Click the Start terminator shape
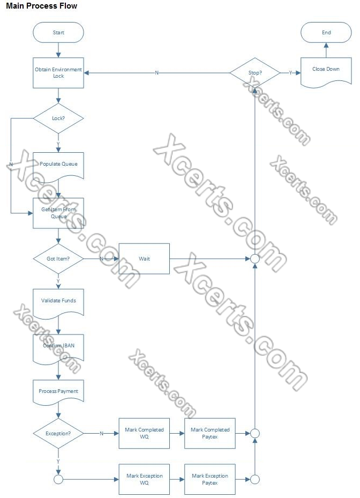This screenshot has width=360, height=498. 58,33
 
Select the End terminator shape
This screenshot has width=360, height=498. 326,33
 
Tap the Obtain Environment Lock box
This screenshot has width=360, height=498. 58,73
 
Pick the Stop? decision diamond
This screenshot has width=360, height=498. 255,72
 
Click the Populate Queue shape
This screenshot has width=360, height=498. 58,165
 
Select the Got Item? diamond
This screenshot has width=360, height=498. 58,258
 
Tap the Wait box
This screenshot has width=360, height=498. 144,258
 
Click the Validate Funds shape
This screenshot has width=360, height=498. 58,301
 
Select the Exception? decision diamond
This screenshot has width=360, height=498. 58,433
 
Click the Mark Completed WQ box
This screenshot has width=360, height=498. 144,433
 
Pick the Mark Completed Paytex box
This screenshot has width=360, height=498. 210,433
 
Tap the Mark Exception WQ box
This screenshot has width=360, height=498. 144,479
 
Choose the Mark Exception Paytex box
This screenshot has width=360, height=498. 210,479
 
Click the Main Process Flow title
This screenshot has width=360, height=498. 42,6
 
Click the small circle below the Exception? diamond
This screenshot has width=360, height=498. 58,479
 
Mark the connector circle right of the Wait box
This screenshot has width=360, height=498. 255,259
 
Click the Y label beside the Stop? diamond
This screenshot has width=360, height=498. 290,72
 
